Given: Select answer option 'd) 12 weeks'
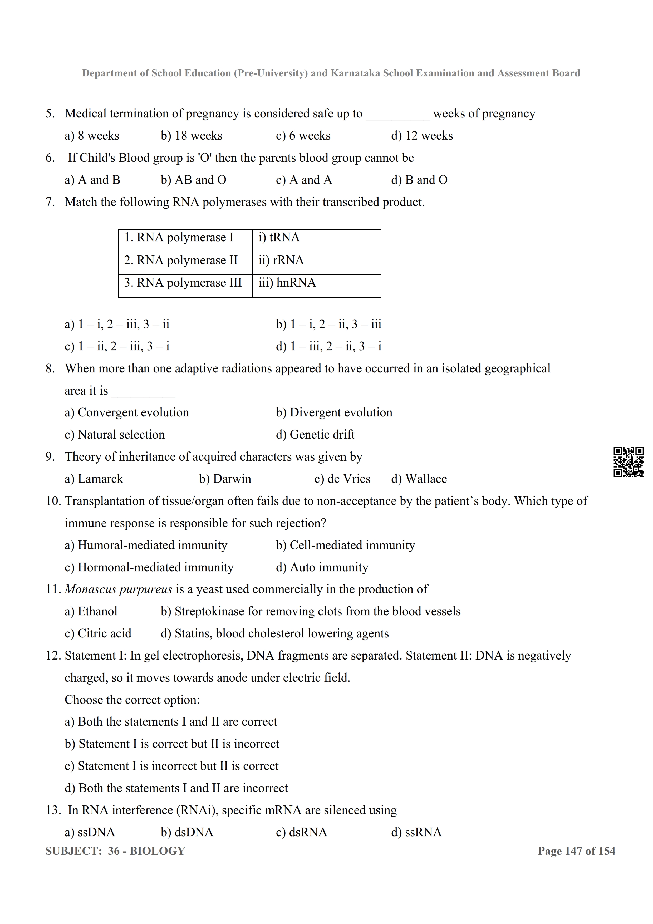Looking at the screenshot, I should pos(422,136).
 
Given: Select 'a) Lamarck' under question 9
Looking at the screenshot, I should pos(94,479).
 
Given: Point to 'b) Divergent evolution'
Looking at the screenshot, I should pos(334,412).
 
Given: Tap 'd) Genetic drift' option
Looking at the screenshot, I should pos(315,435).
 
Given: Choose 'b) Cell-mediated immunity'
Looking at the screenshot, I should pos(345,545).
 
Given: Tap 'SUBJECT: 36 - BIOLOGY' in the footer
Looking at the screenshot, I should pos(115,851).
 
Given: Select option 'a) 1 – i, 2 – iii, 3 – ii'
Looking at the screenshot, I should pos(117,324).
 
